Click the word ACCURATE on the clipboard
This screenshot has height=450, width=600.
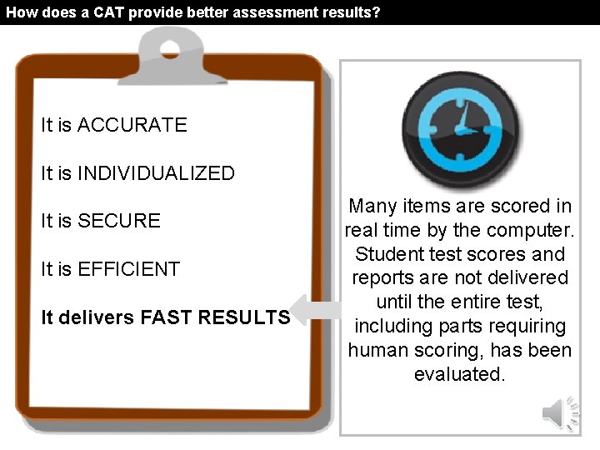(x=132, y=125)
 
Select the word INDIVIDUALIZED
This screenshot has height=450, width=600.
(x=156, y=173)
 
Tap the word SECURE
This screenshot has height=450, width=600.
(x=118, y=221)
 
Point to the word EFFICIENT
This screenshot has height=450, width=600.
(x=128, y=269)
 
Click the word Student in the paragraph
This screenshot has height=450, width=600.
(x=387, y=254)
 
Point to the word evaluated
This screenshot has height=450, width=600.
(x=459, y=374)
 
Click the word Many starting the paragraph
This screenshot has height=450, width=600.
(x=374, y=206)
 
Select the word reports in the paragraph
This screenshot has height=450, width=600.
(x=383, y=278)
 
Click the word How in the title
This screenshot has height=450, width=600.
(x=20, y=12)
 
